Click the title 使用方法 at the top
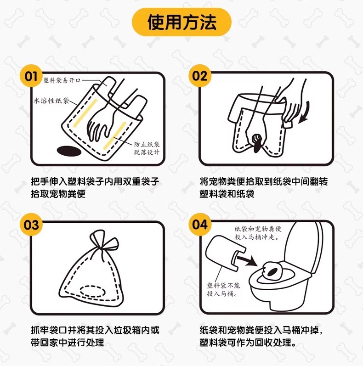(182, 22)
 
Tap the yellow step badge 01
(31, 76)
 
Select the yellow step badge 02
(200, 76)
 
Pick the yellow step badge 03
(31, 225)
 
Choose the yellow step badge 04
(200, 225)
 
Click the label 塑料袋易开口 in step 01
(62, 80)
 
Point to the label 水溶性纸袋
(51, 101)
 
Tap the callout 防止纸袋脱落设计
(147, 148)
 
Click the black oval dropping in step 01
(69, 151)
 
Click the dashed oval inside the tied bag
(92, 291)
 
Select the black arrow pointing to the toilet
(247, 261)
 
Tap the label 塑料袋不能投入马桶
(223, 289)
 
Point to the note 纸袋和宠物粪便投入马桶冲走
(258, 233)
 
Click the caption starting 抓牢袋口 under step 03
(95, 336)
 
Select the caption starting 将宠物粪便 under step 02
(263, 187)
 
